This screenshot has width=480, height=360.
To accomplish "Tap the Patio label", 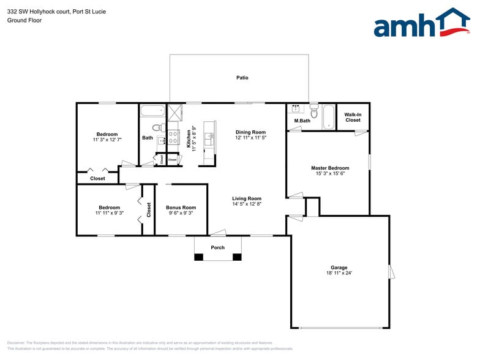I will point(242,78).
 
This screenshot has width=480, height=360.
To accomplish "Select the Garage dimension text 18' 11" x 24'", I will point(339,273).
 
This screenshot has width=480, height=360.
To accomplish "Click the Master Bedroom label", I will point(330,168).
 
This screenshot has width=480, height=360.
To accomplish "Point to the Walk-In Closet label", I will point(353,117).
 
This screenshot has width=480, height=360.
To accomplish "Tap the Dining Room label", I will point(250,132).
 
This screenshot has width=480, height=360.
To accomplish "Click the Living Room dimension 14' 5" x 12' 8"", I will point(247,204).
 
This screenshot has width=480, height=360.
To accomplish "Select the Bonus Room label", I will point(181,208).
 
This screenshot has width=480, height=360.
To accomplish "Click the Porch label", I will point(217,247).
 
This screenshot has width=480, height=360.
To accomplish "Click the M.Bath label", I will point(302,121).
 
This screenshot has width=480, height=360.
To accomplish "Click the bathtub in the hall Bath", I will point(152,111).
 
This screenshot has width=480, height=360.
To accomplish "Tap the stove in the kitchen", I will point(173,136).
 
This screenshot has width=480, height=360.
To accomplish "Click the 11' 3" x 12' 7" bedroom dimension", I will point(107,140).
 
